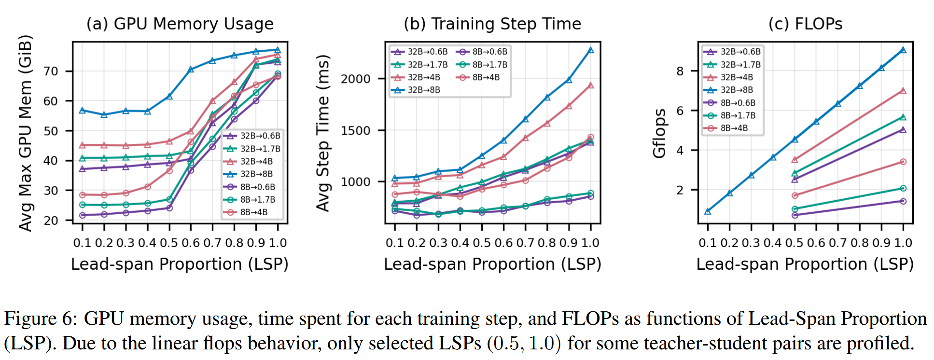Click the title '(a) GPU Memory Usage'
[x=180, y=24]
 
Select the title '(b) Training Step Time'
[x=492, y=24]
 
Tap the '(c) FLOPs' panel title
[x=805, y=24]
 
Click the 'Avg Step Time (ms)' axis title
[x=323, y=133]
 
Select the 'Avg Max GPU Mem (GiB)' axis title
[x=25, y=133]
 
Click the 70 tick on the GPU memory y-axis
[x=51, y=71]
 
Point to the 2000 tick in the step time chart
[x=356, y=79]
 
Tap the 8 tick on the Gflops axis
[x=680, y=71]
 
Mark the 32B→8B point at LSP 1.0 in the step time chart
[x=591, y=50]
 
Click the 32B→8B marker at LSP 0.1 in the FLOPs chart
[x=708, y=211]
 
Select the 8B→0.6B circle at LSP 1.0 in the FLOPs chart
[x=903, y=201]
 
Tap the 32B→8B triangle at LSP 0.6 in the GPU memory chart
[x=191, y=69]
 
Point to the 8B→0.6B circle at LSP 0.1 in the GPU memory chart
[x=83, y=215]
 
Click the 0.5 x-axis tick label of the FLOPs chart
[x=794, y=243]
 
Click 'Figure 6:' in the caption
[x=41, y=319]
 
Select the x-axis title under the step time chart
[x=492, y=264]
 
